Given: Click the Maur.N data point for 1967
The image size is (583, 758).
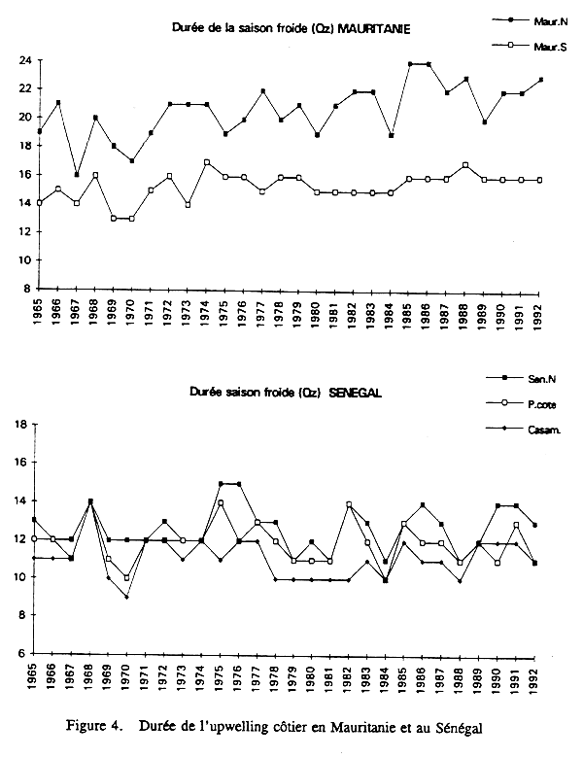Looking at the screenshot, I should [77, 174].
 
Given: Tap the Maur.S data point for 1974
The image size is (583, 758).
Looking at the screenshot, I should [207, 162].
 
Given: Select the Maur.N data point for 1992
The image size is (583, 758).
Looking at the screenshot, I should [541, 80].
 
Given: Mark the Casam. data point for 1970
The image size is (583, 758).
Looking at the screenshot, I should [125, 597].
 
